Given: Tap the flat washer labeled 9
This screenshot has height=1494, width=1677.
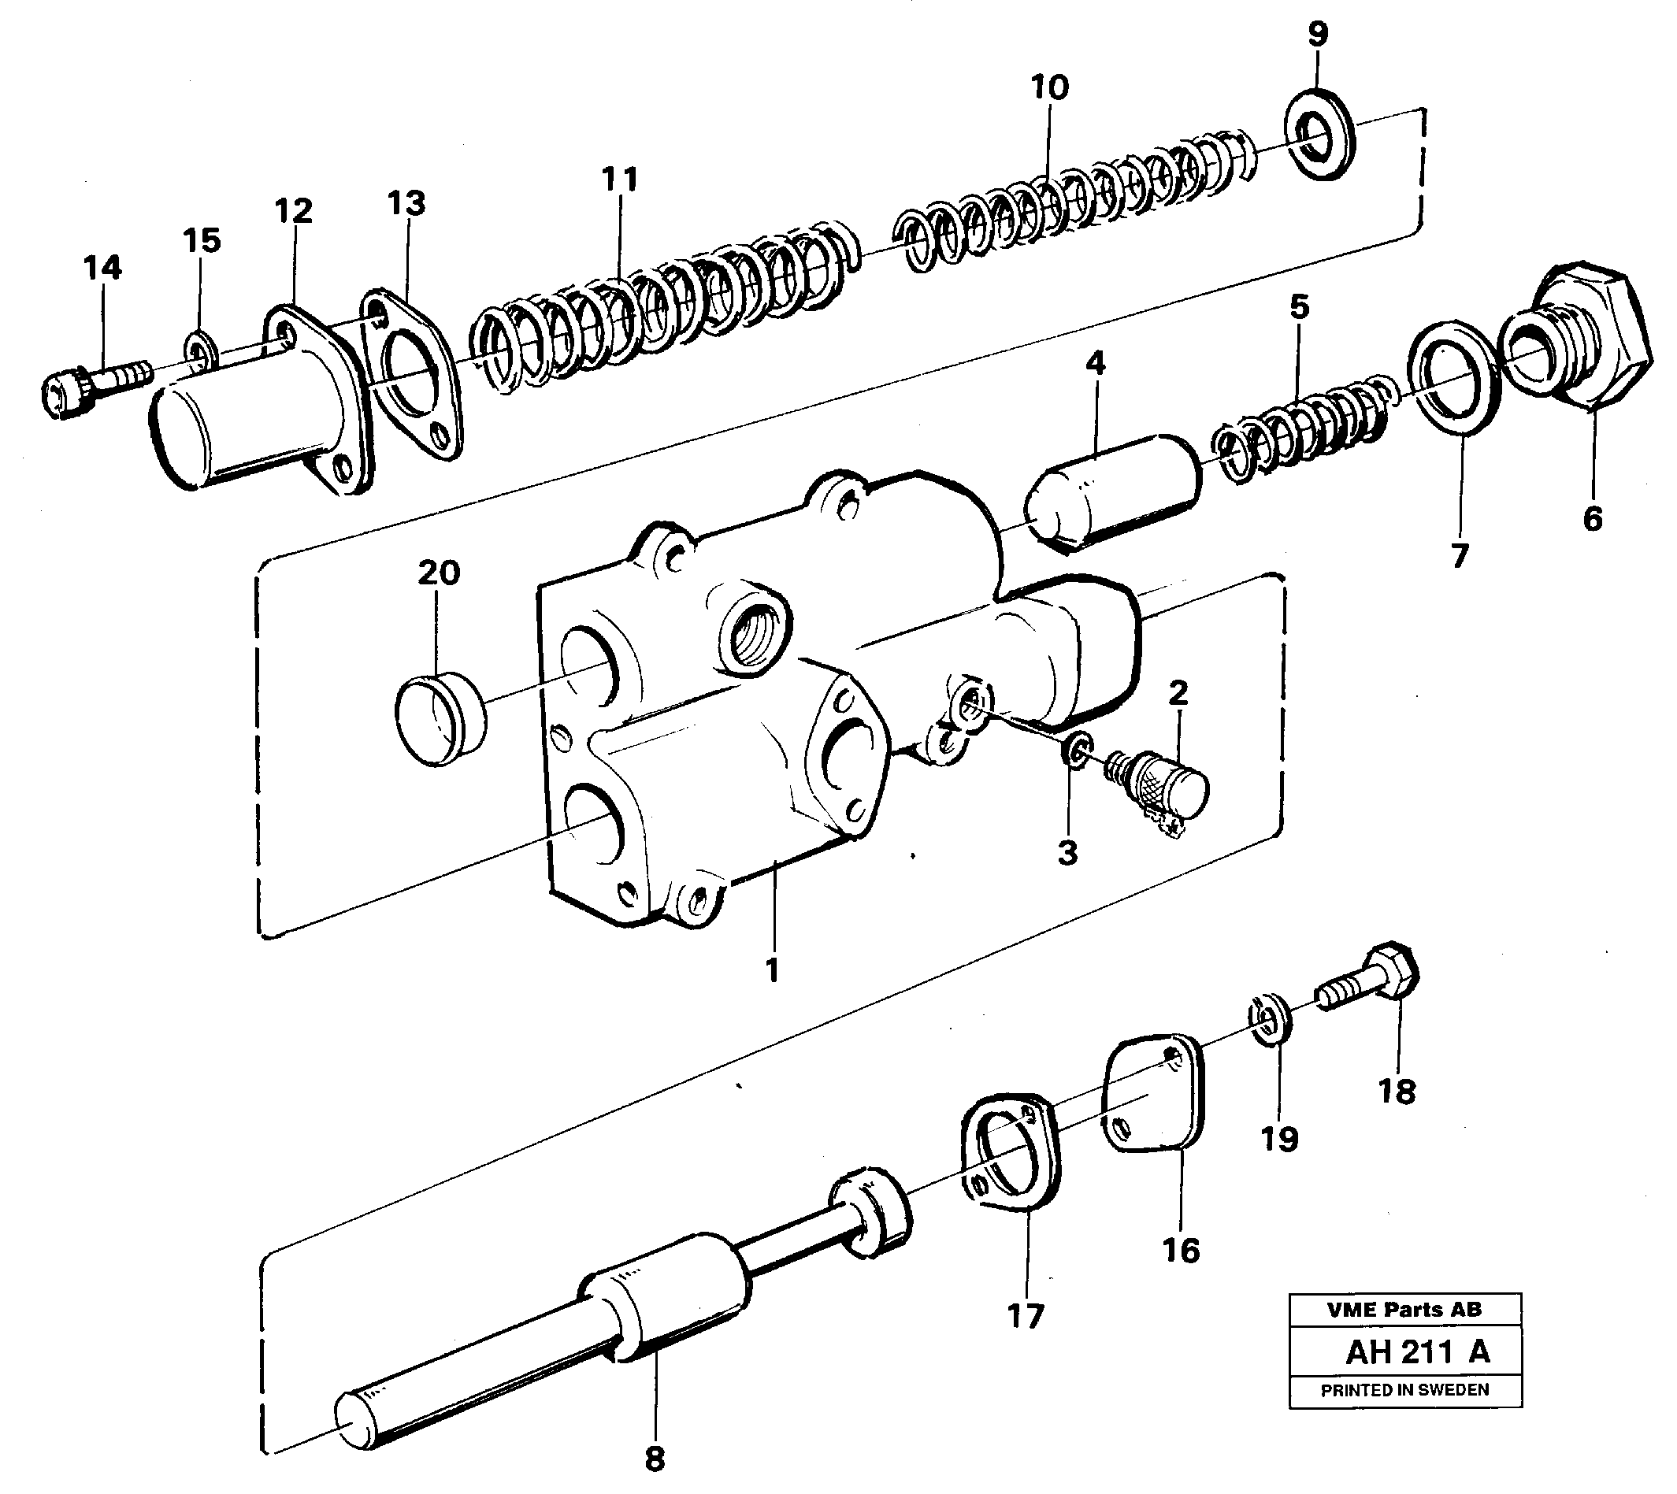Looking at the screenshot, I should point(1319,135).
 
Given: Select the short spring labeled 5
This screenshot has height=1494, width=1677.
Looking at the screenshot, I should point(1305,427).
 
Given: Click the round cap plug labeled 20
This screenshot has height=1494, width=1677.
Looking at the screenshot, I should point(440,719).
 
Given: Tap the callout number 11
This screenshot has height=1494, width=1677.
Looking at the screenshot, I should point(620,178).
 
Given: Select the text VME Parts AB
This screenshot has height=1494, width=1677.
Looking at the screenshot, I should point(1404,1309).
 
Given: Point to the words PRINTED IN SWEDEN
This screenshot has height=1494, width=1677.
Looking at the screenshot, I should point(1404,1391).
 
